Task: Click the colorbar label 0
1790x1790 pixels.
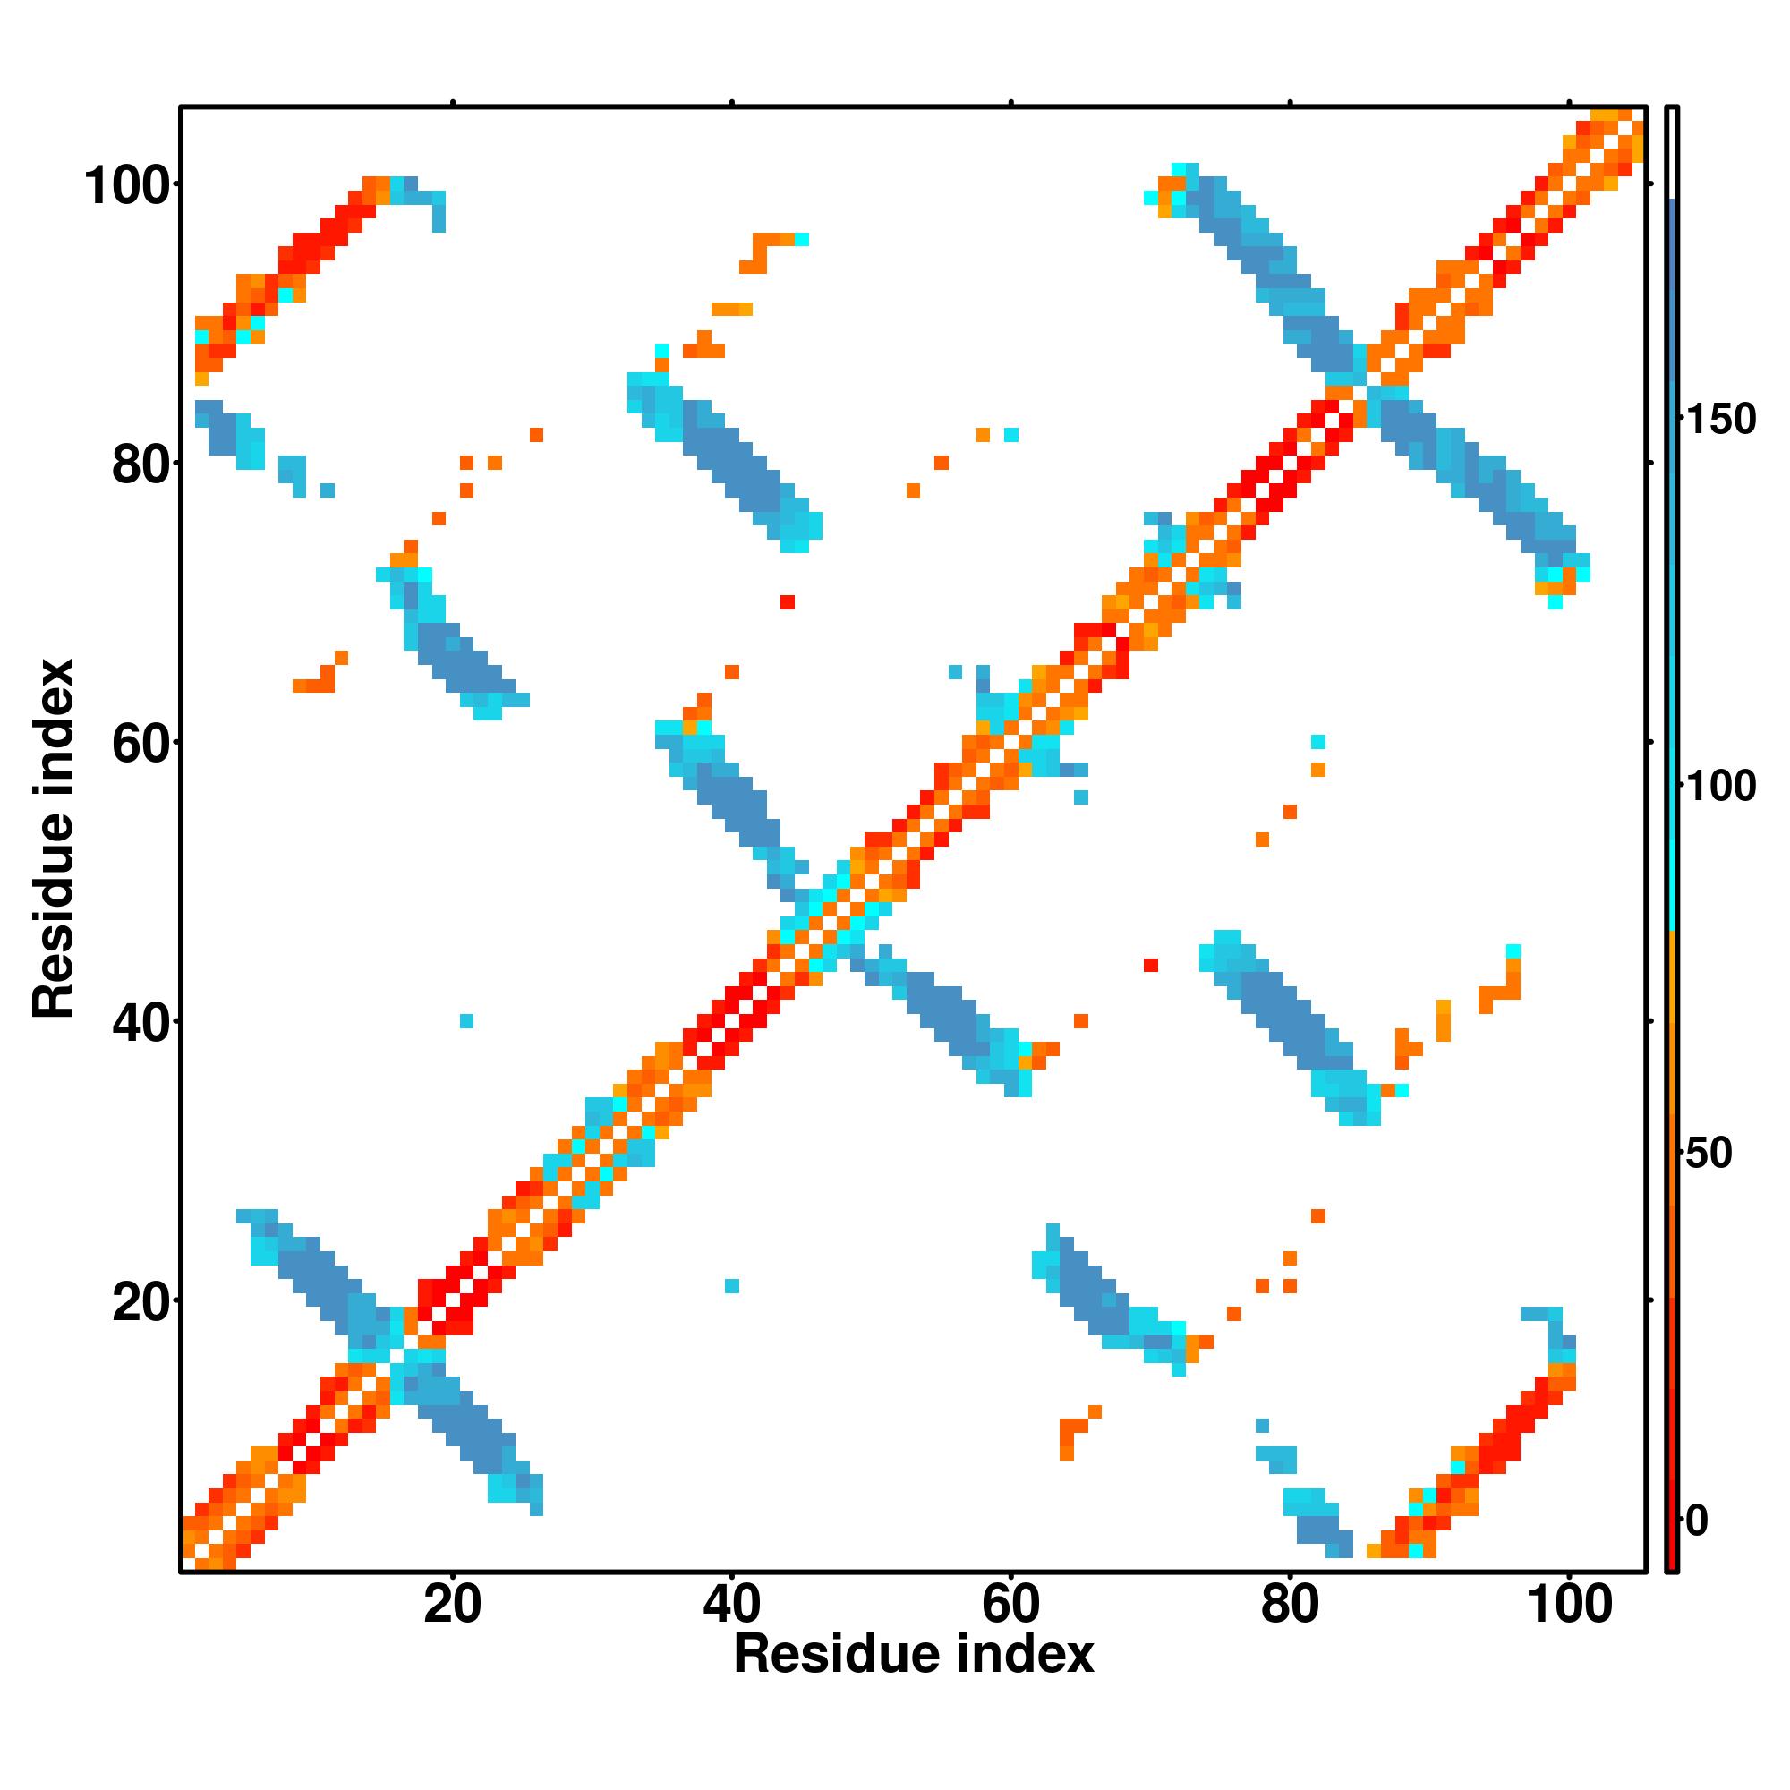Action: [x=1697, y=1521]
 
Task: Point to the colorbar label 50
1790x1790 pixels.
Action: [x=1709, y=1155]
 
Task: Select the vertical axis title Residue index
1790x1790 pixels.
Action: [x=54, y=840]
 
